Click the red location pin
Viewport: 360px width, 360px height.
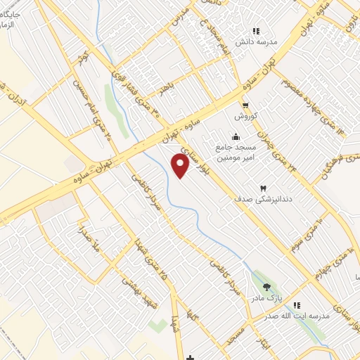[181, 166]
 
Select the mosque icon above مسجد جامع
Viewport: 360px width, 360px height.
[236, 136]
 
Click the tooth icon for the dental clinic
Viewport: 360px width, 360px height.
[264, 188]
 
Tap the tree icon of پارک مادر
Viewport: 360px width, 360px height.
[266, 286]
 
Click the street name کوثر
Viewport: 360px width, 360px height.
[83, 56]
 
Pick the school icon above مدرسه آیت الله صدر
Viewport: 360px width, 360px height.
[297, 305]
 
